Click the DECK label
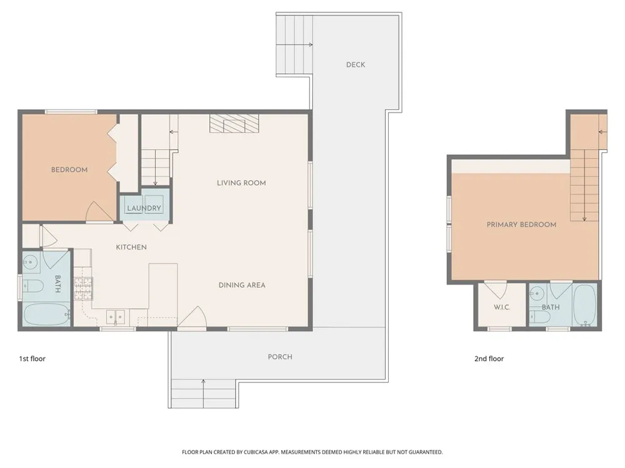356,64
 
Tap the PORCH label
280,357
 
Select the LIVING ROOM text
241,183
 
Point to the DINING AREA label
242,285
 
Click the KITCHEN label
131,247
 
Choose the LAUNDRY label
144,208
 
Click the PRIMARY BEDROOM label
521,225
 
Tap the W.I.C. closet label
502,307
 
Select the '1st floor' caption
32,359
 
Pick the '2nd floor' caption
489,359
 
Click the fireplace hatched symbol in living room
234,124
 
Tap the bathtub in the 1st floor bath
47,314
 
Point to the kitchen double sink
115,317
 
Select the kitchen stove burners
83,288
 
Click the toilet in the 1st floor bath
32,286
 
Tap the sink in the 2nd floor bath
536,295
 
